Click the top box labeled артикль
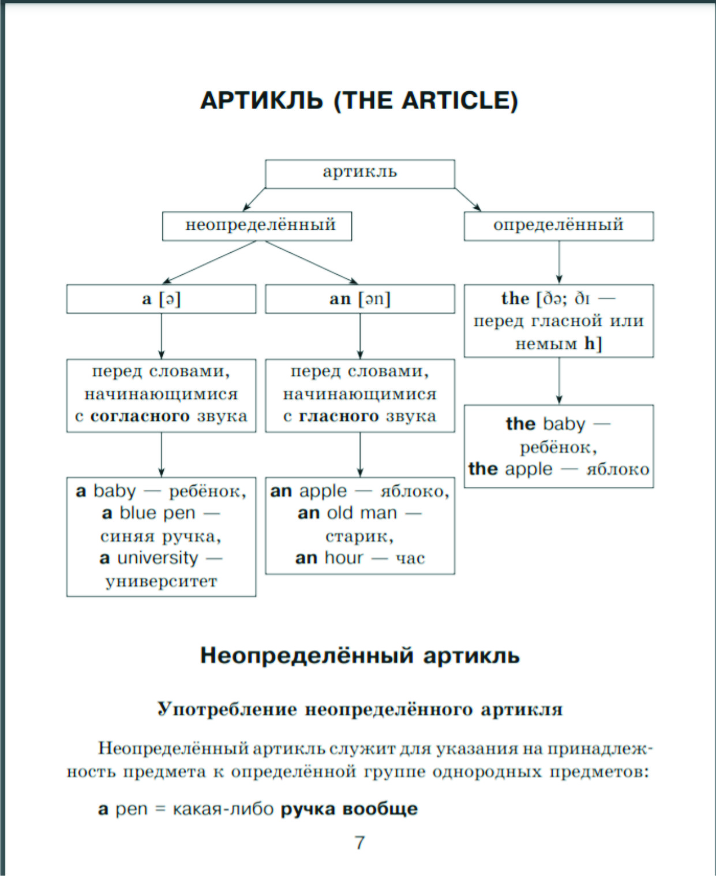[359, 173]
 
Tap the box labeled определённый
[558, 226]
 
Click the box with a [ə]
[161, 299]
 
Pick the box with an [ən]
[359, 299]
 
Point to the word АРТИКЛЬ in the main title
[261, 101]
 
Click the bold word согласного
[140, 417]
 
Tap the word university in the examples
[158, 558]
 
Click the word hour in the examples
[344, 558]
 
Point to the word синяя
[128, 537]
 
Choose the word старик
[358, 537]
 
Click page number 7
[359, 843]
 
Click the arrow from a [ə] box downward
[162, 336]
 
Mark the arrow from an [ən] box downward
[360, 336]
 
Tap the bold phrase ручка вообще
[349, 809]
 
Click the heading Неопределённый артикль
[359, 656]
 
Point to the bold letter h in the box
[589, 344]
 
